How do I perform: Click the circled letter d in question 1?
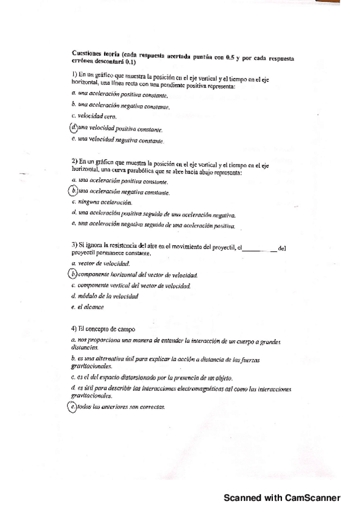point(74,127)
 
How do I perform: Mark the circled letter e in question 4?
point(73,407)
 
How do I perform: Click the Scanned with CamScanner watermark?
point(282,498)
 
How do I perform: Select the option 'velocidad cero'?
point(93,116)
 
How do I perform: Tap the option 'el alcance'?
point(91,307)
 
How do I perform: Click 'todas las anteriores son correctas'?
point(121,407)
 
